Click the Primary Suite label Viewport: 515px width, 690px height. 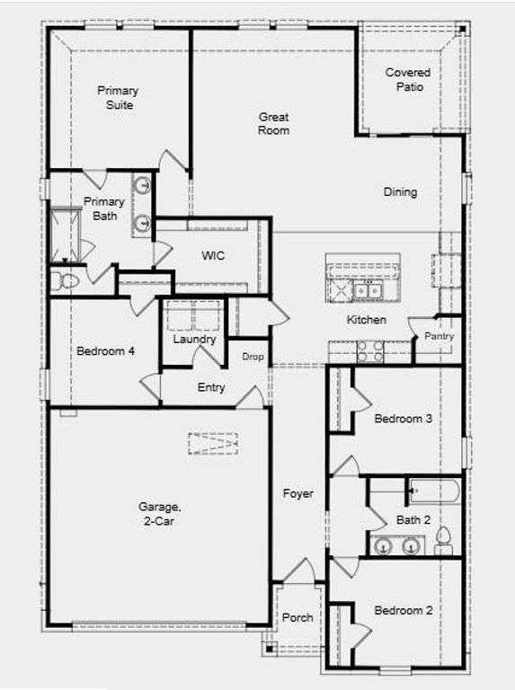point(118,98)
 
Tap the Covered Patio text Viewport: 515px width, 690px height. point(408,79)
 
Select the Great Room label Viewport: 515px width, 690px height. point(274,123)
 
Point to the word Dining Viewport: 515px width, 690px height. point(400,191)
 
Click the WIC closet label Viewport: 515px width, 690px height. point(213,256)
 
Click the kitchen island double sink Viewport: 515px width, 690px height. point(366,290)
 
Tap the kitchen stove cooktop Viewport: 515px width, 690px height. point(370,351)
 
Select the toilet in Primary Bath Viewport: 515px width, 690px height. point(65,281)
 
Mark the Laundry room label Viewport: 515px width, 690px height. point(194,340)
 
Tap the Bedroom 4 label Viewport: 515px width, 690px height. point(105,350)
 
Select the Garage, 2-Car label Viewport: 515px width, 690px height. point(160,513)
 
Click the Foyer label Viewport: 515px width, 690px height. point(297,493)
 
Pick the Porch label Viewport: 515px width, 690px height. point(297,617)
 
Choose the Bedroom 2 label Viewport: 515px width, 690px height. point(404,610)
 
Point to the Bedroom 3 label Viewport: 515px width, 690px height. point(404,419)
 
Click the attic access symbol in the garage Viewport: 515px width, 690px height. point(213,443)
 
